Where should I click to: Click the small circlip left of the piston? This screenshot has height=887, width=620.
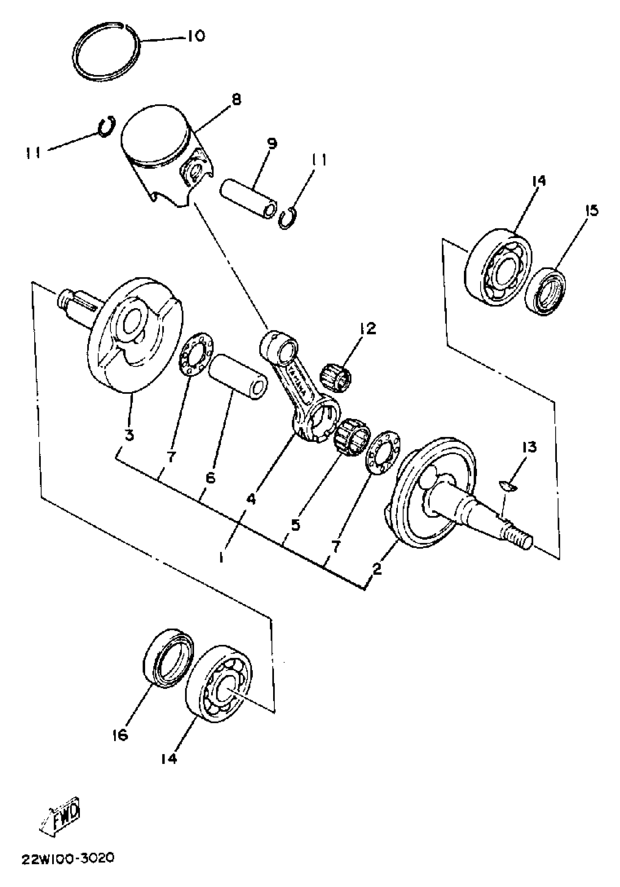coord(106,127)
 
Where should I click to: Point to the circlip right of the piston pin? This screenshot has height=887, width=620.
coord(288,219)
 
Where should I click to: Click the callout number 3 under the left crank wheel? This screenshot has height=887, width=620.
coord(129,435)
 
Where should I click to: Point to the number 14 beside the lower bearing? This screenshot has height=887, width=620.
coord(169,759)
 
